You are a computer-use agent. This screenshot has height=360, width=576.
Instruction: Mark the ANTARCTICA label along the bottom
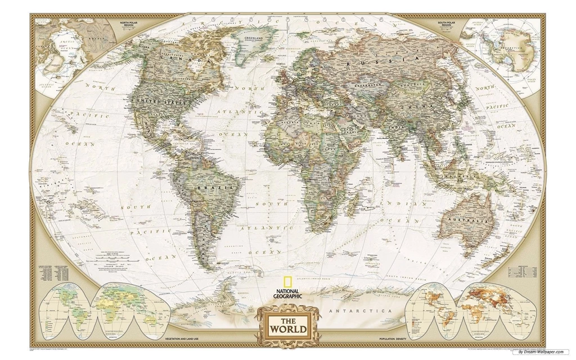coord(359,310)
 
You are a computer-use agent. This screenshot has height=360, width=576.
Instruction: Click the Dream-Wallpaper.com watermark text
coord(543,352)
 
